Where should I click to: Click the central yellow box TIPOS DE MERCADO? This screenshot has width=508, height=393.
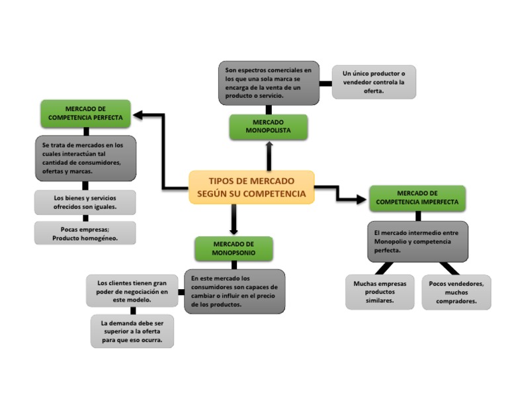pos(251,187)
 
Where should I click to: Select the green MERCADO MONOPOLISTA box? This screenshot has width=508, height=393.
pos(269,127)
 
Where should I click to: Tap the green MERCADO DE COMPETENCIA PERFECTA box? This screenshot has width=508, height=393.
pos(85,114)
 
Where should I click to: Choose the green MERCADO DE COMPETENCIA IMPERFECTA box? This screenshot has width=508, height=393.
pos(417,198)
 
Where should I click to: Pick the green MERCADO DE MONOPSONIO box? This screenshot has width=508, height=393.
pos(233,249)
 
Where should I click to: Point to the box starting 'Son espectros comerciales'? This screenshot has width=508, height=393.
pos(269,83)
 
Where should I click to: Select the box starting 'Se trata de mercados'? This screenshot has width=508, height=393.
pos(85,158)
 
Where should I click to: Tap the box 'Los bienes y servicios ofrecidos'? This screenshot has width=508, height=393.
pos(85,202)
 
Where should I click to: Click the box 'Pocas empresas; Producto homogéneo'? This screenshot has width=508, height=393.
pos(85,233)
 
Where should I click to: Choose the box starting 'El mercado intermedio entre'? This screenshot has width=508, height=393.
pos(417,241)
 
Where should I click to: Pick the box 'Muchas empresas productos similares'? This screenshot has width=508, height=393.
pos(380,292)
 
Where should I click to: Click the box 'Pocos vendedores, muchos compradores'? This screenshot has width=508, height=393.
pos(456,292)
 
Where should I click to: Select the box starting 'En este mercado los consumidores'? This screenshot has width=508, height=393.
pos(235,291)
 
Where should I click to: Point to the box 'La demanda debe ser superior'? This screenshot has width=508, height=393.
pos(132,331)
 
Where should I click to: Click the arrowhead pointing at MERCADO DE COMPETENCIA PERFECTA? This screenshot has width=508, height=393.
pos(138,116)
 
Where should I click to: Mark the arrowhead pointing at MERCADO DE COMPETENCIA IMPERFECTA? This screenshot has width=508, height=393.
pos(361,198)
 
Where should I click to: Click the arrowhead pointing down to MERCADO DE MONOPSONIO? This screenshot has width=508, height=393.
pos(233,231)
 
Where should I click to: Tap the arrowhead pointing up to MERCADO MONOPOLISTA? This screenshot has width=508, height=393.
pos(269,146)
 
